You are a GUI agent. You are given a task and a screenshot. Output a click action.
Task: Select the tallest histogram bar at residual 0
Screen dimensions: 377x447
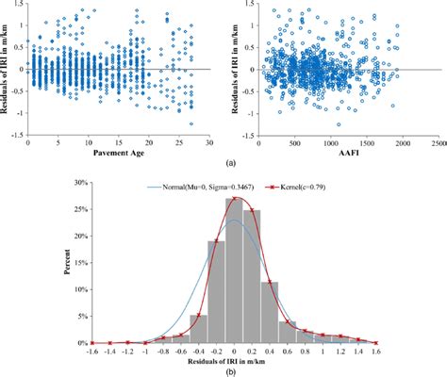tap(235, 273)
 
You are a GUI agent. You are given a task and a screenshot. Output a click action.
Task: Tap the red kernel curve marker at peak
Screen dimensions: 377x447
tap(235, 199)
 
